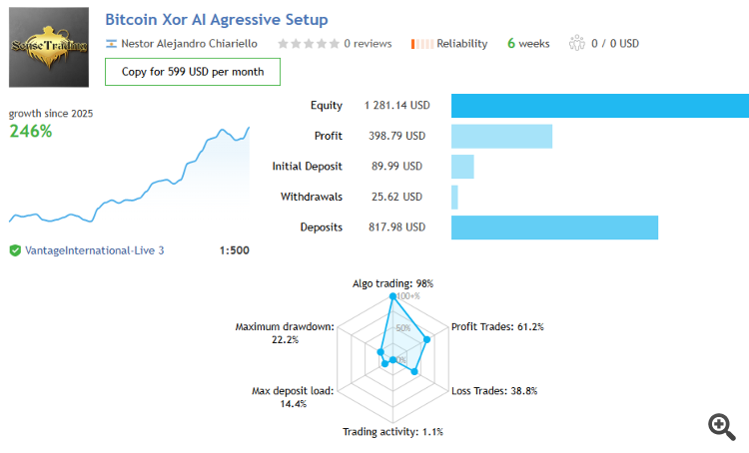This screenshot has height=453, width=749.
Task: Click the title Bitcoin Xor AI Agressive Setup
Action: pyautogui.click(x=216, y=19)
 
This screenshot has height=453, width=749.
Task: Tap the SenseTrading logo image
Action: pyautogui.click(x=48, y=47)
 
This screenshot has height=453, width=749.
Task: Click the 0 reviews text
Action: pyautogui.click(x=368, y=44)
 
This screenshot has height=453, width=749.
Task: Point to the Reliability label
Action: pyautogui.click(x=461, y=44)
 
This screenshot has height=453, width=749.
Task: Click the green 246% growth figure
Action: pyautogui.click(x=31, y=131)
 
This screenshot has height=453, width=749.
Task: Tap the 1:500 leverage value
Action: pyautogui.click(x=234, y=250)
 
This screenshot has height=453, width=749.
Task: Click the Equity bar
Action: pyautogui.click(x=599, y=106)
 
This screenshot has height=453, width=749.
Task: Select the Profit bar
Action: pyautogui.click(x=501, y=136)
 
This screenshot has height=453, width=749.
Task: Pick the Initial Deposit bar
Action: pyautogui.click(x=462, y=167)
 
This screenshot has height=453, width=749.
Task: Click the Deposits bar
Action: pyautogui.click(x=554, y=227)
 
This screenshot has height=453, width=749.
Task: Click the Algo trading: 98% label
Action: pyautogui.click(x=392, y=283)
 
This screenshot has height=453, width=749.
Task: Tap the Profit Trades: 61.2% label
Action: pyautogui.click(x=497, y=326)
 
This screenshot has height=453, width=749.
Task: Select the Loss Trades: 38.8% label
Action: pyautogui.click(x=494, y=391)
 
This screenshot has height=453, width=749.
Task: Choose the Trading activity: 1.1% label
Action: pyautogui.click(x=392, y=432)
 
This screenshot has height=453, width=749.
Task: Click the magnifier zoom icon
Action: pyautogui.click(x=722, y=426)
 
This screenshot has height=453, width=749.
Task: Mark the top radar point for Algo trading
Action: pyautogui.click(x=392, y=297)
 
